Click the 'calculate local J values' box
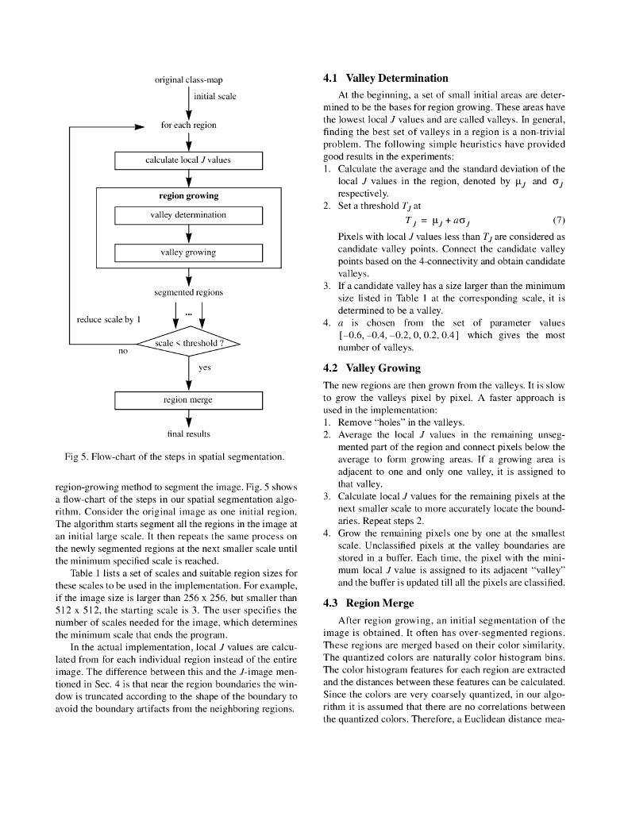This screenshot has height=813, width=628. pos(188,160)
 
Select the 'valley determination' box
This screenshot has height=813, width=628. pos(188,215)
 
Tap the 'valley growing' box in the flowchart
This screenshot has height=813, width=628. pos(188,252)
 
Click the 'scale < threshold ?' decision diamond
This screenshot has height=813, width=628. pos(188,343)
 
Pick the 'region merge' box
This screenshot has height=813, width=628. pos(188,400)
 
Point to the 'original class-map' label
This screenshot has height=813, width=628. pos(188,79)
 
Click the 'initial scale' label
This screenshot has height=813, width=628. pos(215,96)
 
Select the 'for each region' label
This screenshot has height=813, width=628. pos(188,125)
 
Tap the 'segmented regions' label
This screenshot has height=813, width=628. pos(188,292)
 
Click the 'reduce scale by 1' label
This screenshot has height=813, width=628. pos(109,320)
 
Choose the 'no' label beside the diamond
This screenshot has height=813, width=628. pos(122,350)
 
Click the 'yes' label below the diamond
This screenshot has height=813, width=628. pos(204,368)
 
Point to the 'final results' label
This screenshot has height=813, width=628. pos(188,434)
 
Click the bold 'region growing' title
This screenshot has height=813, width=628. pos(188,195)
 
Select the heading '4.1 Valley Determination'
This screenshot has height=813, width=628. pos(386,78)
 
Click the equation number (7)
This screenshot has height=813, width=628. pos(557,219)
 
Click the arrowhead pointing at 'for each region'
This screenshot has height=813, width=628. pos(140,126)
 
